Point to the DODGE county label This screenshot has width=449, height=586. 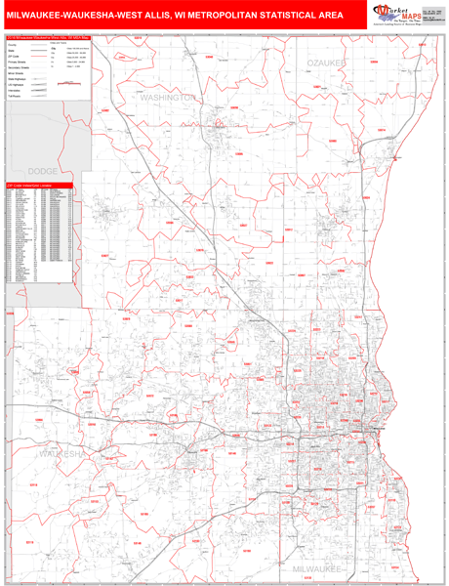(x=44, y=170)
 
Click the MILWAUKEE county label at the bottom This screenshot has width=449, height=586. (x=318, y=565)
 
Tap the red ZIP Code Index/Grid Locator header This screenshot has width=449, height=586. (x=39, y=184)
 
